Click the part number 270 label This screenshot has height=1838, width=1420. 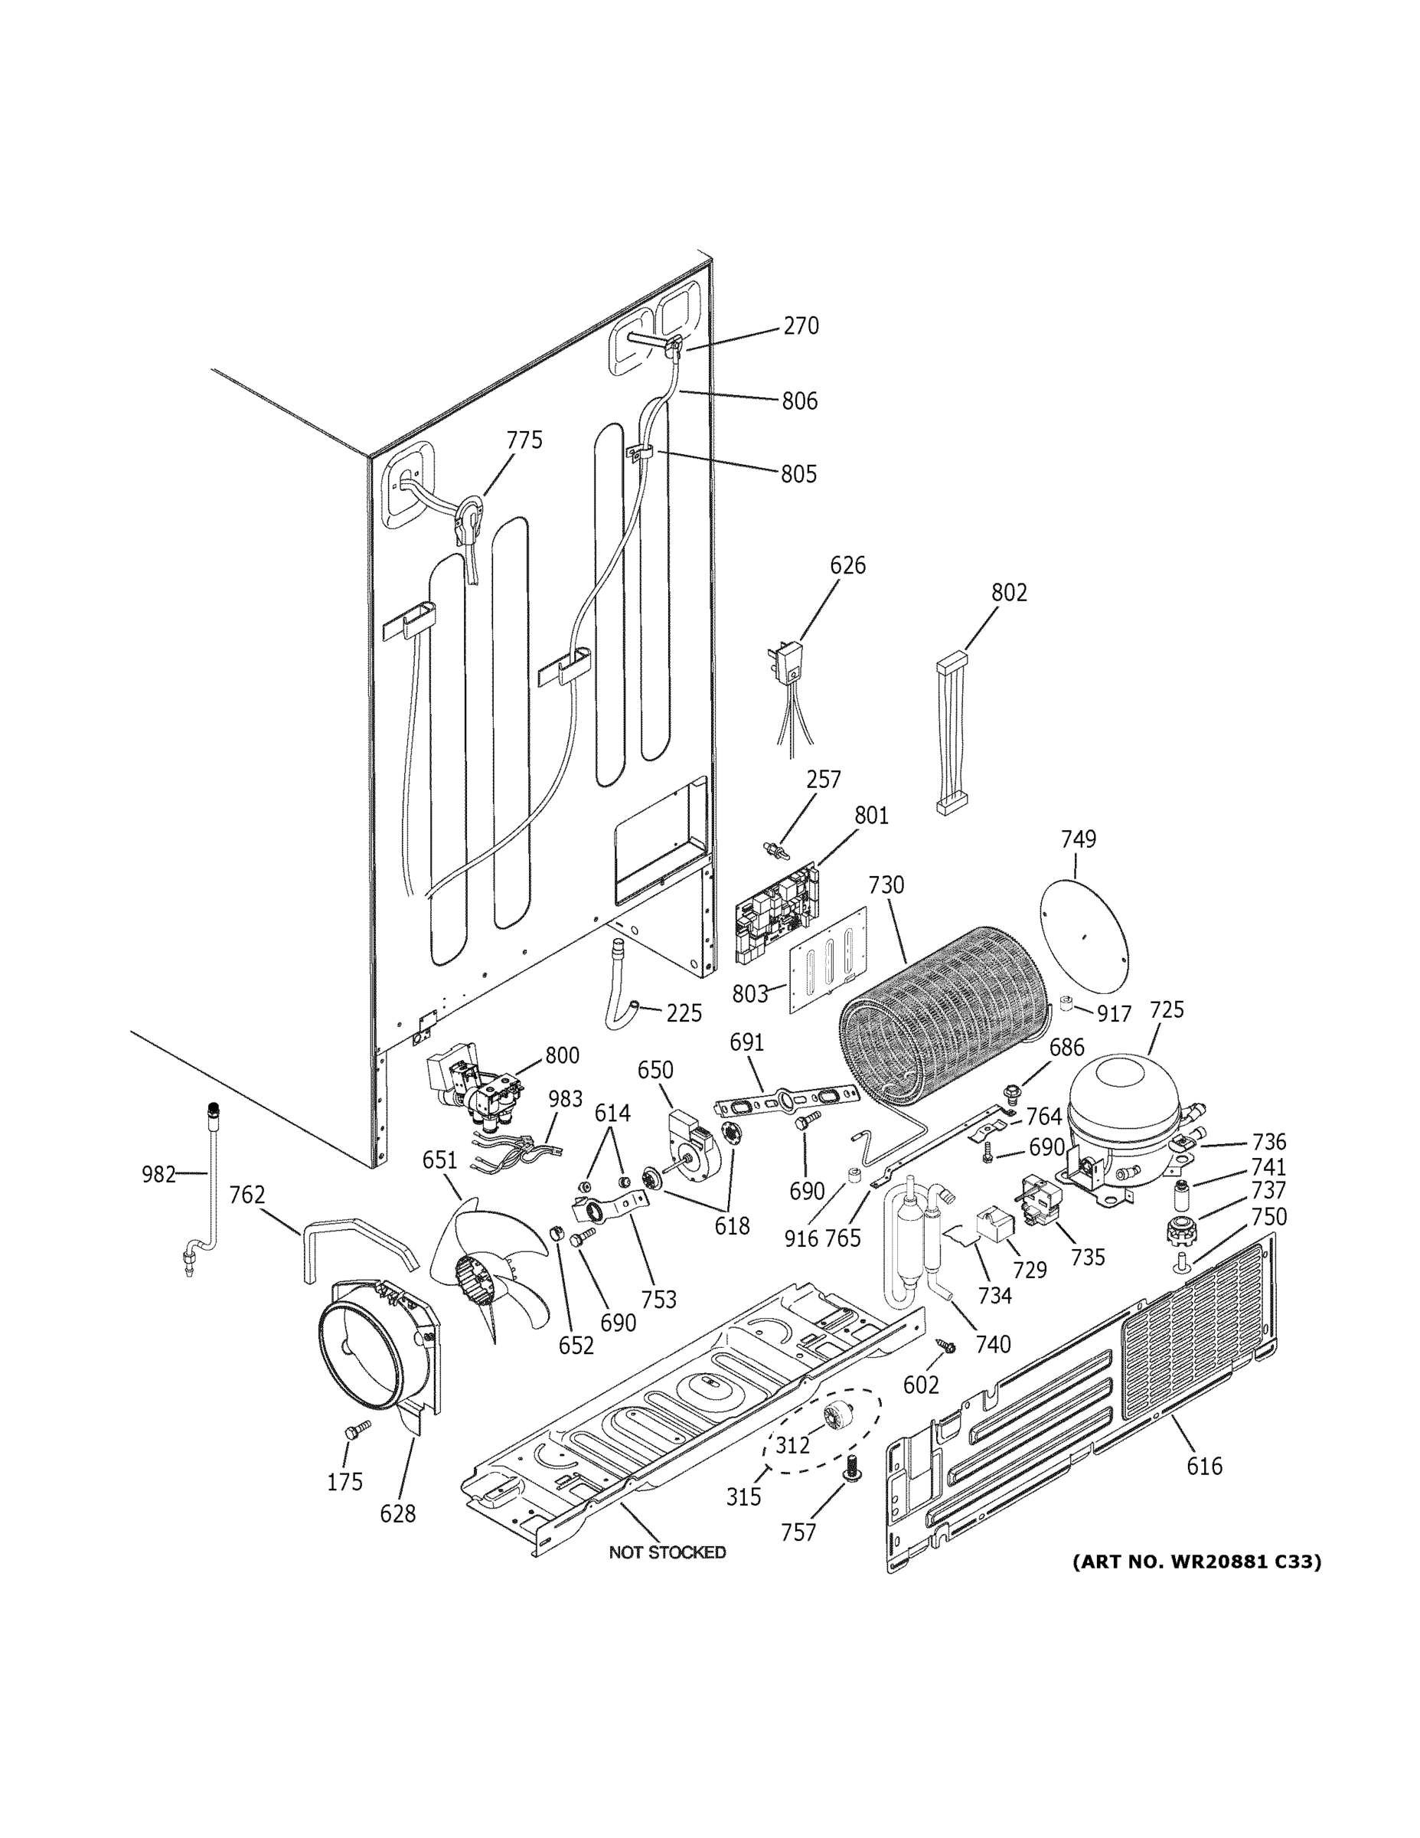[x=800, y=325]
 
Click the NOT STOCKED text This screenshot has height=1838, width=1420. [x=667, y=1552]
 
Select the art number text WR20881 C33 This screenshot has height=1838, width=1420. [x=1196, y=1562]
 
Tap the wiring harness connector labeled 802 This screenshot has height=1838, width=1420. [x=952, y=731]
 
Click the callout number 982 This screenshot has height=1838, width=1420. [x=158, y=1173]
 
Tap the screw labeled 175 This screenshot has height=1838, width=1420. [x=357, y=1429]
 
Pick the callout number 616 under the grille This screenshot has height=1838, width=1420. [x=1204, y=1466]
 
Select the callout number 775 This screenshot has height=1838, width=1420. [x=524, y=440]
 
